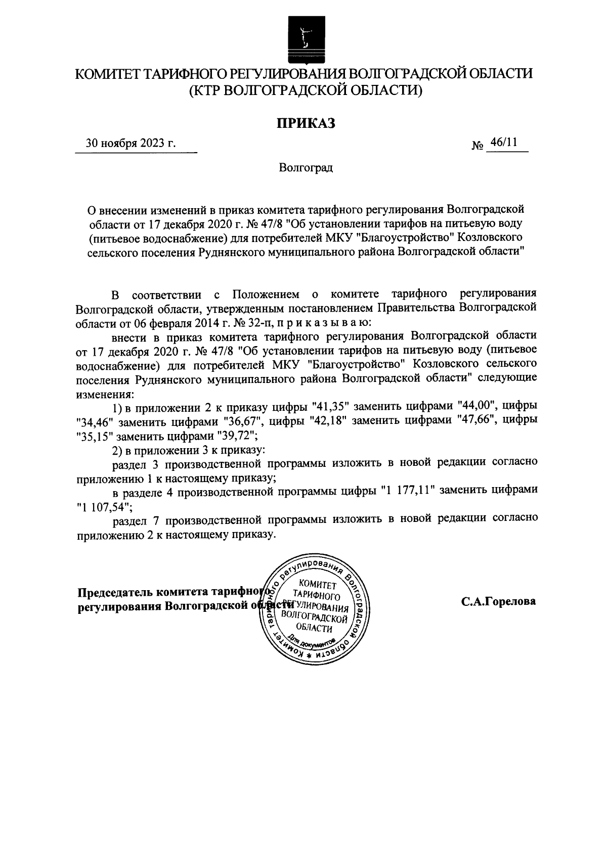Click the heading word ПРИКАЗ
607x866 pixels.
[305, 123]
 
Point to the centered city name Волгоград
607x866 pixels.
[306, 167]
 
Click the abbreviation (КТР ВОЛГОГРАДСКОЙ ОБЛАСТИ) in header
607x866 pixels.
[305, 91]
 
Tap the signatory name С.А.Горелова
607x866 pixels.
[498, 602]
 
